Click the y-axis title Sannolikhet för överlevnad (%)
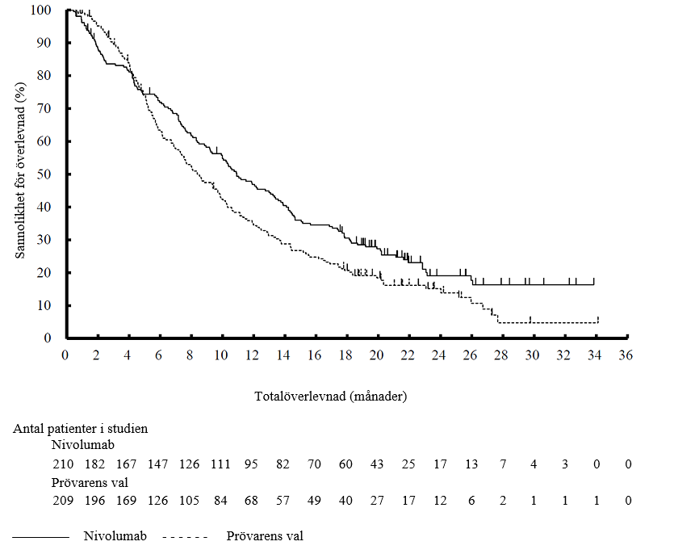[22, 173]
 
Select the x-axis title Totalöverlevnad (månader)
[331, 397]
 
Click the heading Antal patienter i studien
[81, 429]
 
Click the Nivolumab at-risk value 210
[64, 464]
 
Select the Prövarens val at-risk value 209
[64, 501]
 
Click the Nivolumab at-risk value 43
[376, 464]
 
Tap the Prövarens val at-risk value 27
[376, 501]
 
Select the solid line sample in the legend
[41, 536]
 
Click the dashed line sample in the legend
[185, 536]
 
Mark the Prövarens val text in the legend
[265, 535]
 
